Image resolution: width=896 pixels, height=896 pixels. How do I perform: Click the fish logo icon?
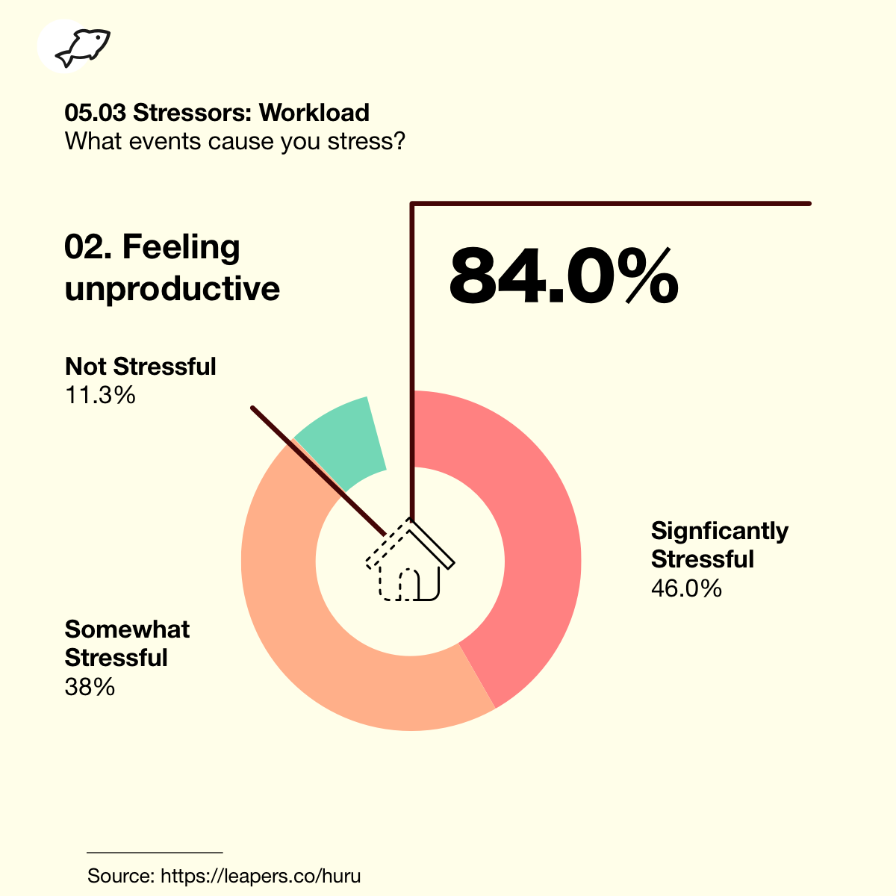[x=82, y=48]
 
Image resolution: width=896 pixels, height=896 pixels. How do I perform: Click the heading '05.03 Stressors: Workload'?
[x=217, y=113]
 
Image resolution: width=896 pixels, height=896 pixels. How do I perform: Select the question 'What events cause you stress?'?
[x=234, y=141]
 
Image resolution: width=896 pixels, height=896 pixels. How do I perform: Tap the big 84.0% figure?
[x=564, y=276]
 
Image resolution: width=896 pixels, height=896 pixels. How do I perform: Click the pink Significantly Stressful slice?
[x=526, y=535]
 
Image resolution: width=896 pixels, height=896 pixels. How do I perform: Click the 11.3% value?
[x=100, y=395]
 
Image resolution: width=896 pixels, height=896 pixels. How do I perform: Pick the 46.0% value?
[x=686, y=588]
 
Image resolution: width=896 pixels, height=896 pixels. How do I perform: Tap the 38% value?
[x=90, y=687]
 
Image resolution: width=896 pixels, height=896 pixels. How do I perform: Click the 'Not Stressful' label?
[x=140, y=367]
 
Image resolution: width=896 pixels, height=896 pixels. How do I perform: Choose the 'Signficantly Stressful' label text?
[x=719, y=544]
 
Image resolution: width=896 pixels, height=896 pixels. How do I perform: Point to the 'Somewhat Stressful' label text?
[x=127, y=644]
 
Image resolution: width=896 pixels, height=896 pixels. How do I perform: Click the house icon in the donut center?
[x=410, y=559]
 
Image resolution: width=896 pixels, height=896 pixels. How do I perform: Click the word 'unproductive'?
[x=172, y=289]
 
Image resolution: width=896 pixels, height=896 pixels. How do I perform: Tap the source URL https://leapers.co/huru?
[x=261, y=876]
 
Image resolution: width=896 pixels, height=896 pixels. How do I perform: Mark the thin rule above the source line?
[x=155, y=853]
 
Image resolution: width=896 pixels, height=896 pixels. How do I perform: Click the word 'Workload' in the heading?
[x=314, y=113]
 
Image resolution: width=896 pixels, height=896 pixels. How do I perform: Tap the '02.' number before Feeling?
[x=88, y=247]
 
